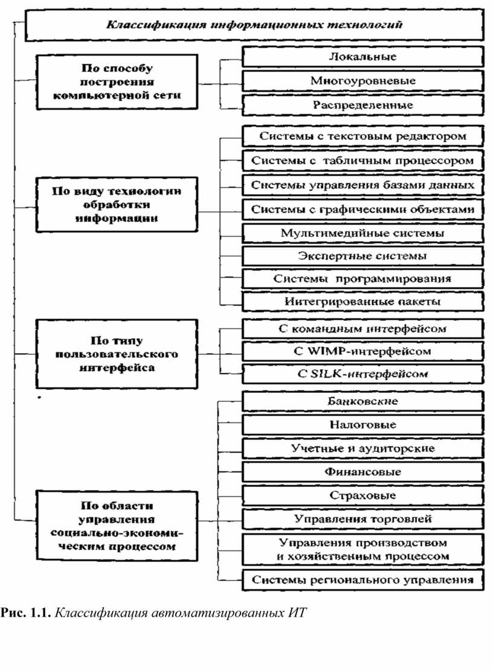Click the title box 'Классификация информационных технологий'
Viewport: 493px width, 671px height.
254,25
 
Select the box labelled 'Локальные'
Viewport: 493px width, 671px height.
362,57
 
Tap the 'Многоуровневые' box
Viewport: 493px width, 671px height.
362,80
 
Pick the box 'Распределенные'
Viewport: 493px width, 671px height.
362,105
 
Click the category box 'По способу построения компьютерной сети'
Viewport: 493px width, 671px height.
117,81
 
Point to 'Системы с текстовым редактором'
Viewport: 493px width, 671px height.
362,136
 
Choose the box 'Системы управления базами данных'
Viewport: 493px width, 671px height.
362,185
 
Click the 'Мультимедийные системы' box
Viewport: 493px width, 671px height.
362,234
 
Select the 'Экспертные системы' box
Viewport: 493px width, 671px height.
362,256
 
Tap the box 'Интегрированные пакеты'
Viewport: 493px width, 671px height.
362,301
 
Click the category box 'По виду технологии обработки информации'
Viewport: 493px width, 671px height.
117,205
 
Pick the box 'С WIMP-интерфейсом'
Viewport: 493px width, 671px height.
362,351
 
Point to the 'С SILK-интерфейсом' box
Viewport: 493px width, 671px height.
362,374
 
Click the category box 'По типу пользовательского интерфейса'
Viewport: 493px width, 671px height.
117,354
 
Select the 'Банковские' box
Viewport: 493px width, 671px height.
362,401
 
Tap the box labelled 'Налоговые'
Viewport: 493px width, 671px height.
362,425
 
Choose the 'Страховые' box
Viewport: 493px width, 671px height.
362,495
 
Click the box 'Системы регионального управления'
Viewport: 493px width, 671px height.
362,580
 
